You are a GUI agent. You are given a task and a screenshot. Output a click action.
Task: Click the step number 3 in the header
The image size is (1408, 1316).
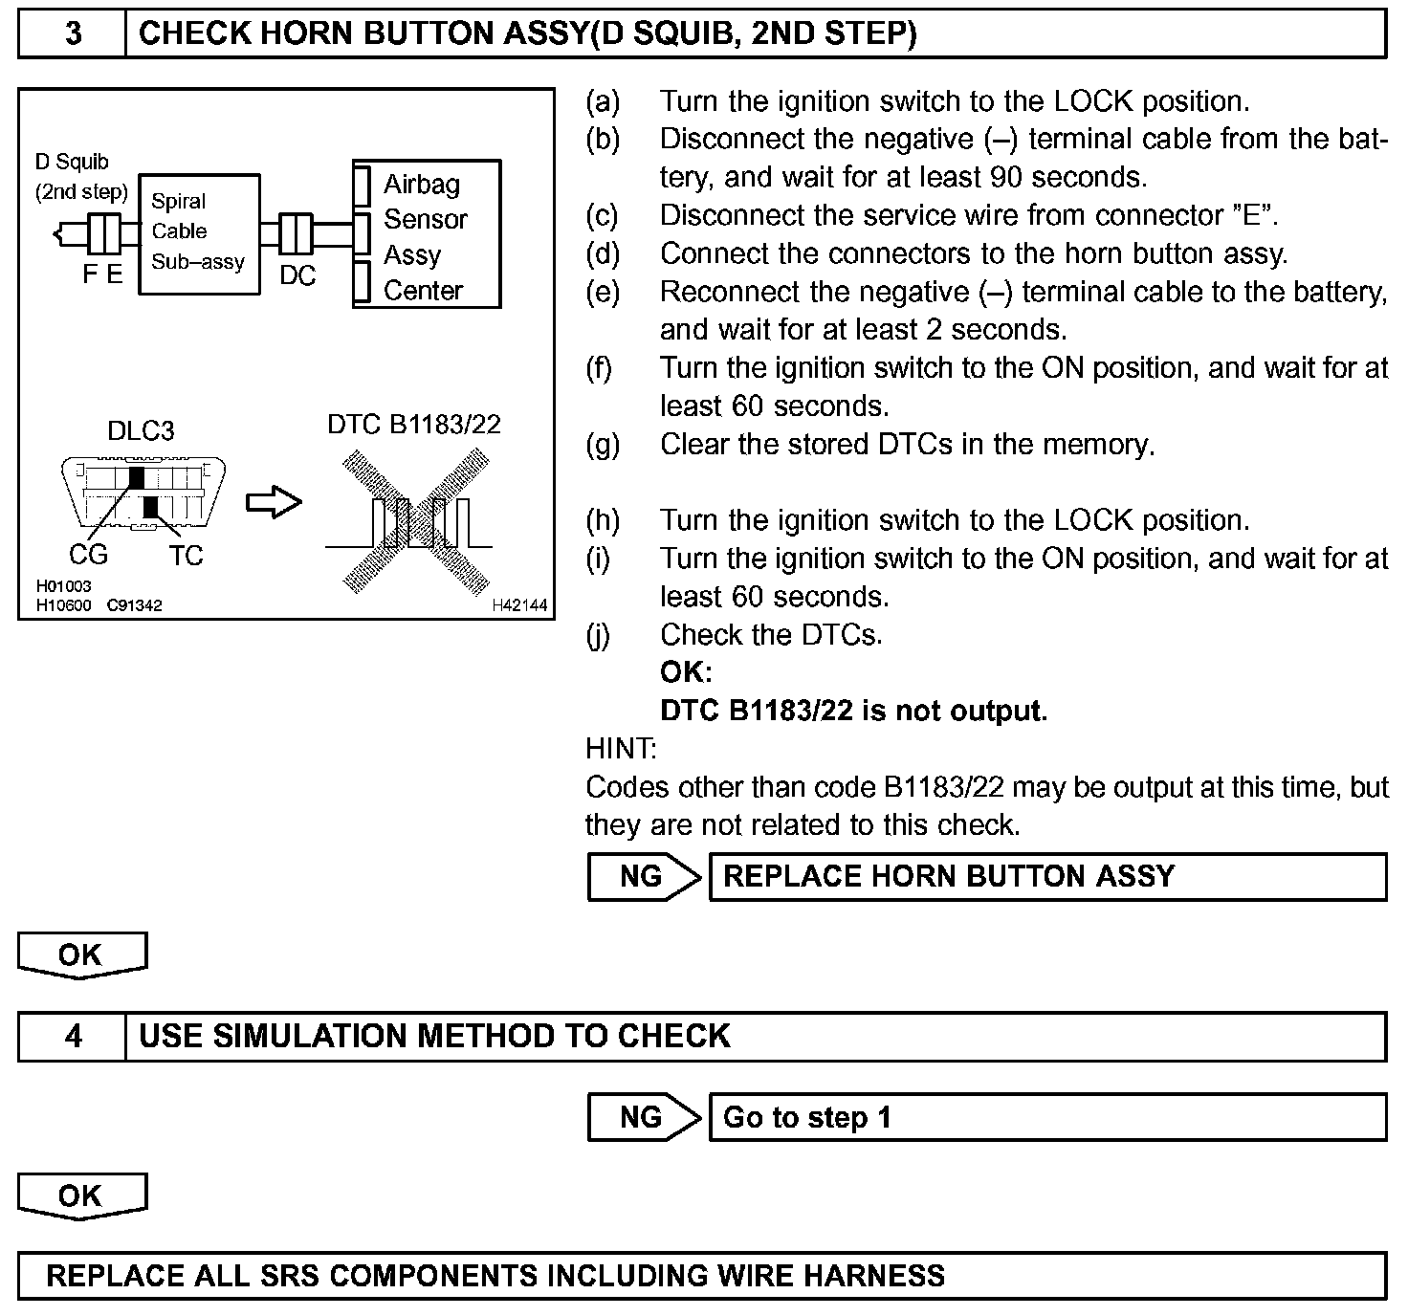73,34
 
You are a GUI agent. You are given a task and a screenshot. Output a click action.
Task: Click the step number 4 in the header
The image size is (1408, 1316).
73,1037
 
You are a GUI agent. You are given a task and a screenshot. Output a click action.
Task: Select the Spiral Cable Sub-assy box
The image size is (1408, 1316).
199,232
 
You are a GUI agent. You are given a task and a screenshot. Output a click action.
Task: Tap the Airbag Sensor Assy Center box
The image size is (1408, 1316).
427,235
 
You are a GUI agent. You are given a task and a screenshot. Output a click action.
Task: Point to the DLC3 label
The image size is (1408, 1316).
141,431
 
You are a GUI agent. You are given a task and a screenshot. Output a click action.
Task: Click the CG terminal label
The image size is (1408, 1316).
89,555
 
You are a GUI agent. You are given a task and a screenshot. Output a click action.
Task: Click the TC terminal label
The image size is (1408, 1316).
186,556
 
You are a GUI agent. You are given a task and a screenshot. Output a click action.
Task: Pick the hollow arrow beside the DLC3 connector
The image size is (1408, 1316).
274,502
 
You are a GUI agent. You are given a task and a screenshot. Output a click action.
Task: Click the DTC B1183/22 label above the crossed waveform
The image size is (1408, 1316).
414,424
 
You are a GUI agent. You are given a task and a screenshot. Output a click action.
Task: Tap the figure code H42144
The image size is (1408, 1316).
520,604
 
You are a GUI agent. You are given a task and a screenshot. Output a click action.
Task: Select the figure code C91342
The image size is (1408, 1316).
134,604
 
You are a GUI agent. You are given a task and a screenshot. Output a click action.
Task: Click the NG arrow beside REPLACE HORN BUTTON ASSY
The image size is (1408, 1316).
644,877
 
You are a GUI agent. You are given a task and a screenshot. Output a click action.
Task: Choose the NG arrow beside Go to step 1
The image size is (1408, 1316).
644,1117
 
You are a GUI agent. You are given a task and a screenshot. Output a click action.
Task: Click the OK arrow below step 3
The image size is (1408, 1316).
81,955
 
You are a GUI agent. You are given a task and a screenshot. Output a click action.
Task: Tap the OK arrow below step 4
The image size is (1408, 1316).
81,1196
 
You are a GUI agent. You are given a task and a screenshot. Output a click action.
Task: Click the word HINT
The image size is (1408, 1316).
621,749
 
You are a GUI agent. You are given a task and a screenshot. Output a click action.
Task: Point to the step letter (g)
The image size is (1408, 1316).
603,445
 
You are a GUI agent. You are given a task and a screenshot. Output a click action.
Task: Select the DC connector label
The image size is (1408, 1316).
297,275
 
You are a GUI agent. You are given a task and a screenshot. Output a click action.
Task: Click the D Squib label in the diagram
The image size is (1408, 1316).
73,163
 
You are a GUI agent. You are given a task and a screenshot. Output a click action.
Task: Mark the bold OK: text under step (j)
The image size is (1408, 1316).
686,672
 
